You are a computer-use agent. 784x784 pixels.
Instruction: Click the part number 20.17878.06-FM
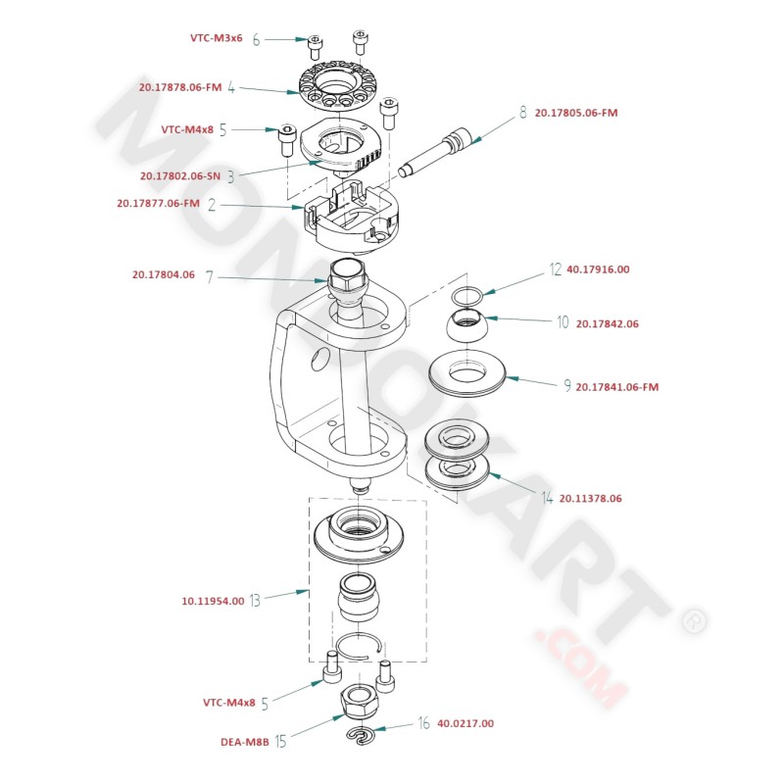pyautogui.click(x=181, y=87)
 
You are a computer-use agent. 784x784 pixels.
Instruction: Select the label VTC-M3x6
pyautogui.click(x=217, y=39)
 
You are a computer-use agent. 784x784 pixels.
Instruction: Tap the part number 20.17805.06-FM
pyautogui.click(x=576, y=113)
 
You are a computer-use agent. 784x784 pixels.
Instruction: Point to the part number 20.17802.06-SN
pyautogui.click(x=180, y=176)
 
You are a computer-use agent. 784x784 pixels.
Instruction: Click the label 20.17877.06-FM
pyautogui.click(x=158, y=204)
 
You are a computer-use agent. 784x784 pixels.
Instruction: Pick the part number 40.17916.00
pyautogui.click(x=598, y=269)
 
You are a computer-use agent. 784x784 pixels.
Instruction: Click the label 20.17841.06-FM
pyautogui.click(x=617, y=387)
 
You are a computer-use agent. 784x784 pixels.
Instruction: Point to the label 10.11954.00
pyautogui.click(x=213, y=601)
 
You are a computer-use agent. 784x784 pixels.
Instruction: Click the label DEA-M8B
pyautogui.click(x=244, y=742)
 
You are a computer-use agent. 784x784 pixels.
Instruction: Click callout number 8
pyautogui.click(x=522, y=113)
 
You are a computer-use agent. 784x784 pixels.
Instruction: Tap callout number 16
pyautogui.click(x=423, y=723)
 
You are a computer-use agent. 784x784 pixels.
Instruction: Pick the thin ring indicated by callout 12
pyautogui.click(x=468, y=295)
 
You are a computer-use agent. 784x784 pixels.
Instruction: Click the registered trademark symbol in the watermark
pyautogui.click(x=693, y=619)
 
